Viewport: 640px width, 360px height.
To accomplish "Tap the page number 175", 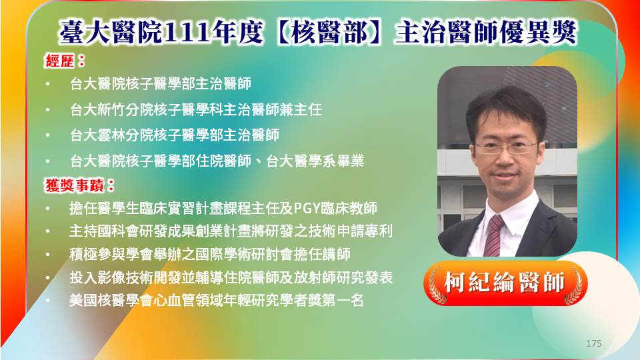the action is [x=593, y=343].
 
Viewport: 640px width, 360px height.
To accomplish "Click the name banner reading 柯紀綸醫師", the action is [x=505, y=283].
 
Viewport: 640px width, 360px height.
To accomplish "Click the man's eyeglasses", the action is [x=506, y=147].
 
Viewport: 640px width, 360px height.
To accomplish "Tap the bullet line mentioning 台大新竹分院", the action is [x=196, y=109].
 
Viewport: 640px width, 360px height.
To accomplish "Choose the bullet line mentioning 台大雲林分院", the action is [x=175, y=135].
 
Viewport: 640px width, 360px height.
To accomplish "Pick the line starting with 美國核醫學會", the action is [x=216, y=301].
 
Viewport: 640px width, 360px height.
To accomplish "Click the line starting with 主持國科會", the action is [x=231, y=231].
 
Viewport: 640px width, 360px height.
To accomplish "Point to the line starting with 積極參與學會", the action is [x=210, y=254].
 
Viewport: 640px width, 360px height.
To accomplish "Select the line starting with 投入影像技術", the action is [x=231, y=277].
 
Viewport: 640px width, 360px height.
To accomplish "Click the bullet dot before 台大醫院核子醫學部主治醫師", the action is [x=48, y=84].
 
